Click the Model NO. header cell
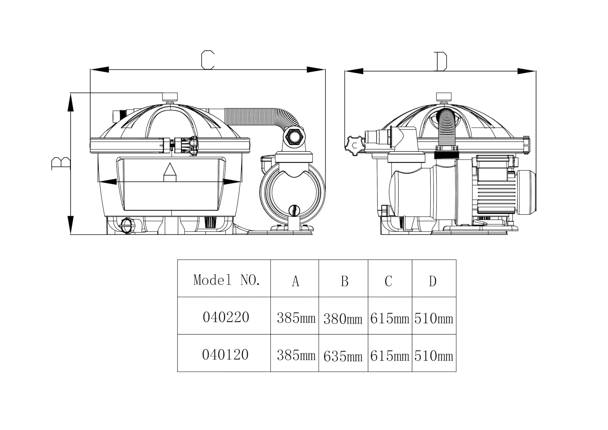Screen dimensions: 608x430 coord(227,280)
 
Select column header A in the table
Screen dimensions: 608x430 coord(295,281)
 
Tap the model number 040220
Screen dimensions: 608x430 coord(226,317)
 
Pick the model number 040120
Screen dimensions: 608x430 coord(225,354)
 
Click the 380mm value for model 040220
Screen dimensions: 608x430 coord(343,319)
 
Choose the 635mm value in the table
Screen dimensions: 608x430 coord(343,356)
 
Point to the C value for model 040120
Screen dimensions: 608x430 coord(390,356)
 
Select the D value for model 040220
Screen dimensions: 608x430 coord(434,318)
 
